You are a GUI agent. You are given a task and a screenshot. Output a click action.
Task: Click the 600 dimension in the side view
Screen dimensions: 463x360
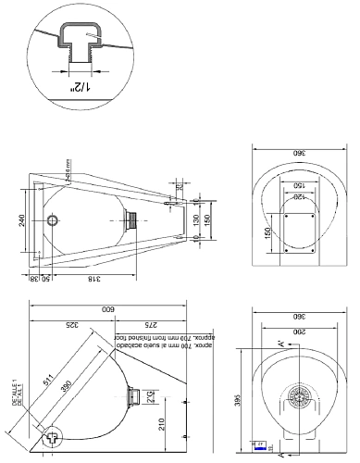coord(108,308)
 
